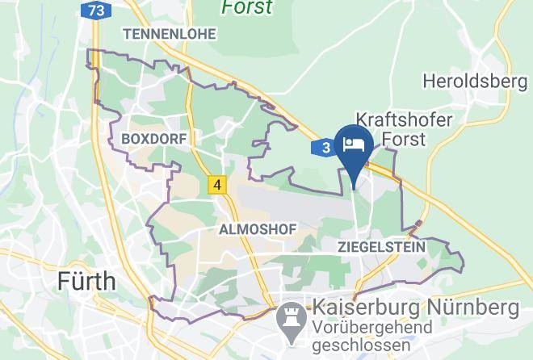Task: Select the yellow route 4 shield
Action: coord(216,185)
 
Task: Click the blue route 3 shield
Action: coord(324,148)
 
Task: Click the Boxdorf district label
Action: coord(153,139)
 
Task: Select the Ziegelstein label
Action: coord(382,247)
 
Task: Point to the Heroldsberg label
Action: coord(475,82)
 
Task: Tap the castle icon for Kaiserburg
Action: coord(287,316)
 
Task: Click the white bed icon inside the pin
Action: coord(354,144)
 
